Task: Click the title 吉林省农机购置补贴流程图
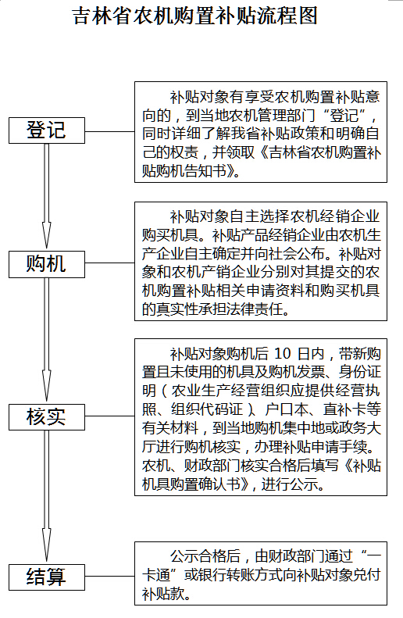click(x=195, y=16)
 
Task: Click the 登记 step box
click(x=47, y=130)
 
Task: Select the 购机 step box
click(x=47, y=264)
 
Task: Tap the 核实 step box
click(x=47, y=416)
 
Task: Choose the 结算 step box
click(x=47, y=577)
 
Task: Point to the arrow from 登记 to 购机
click(x=47, y=196)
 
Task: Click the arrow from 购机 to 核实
click(x=47, y=340)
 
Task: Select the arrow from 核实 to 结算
click(x=47, y=496)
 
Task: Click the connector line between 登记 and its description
click(x=110, y=131)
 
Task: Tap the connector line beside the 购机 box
click(x=110, y=263)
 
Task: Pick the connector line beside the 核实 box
click(x=110, y=416)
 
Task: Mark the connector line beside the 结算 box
click(x=110, y=577)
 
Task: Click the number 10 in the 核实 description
click(x=282, y=354)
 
